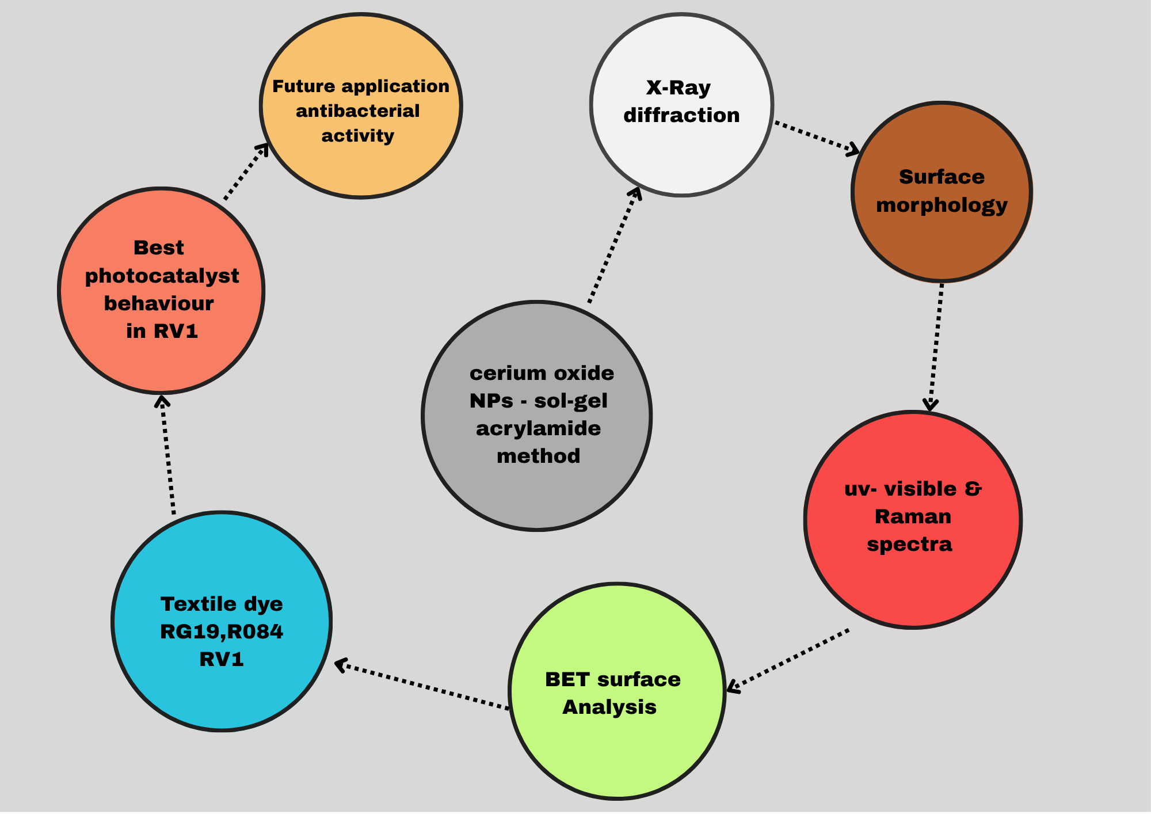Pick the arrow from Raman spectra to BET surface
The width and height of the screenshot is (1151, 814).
coord(788,660)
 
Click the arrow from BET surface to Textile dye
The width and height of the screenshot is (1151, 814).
coord(423,686)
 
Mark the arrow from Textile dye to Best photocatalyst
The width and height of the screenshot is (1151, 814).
coord(167,455)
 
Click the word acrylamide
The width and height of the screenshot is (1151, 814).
coord(538,429)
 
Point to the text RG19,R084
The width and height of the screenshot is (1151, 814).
coord(222,632)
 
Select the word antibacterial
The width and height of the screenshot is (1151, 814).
coord(357,111)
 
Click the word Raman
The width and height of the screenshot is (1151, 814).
coord(913,516)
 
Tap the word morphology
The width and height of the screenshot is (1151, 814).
coord(942,206)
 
